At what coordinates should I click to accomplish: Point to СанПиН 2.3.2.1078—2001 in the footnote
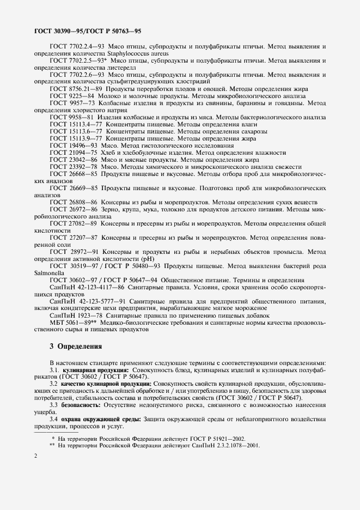coord(223,445)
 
